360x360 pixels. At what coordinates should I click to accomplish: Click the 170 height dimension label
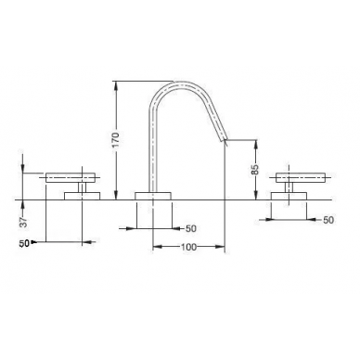pos(115,140)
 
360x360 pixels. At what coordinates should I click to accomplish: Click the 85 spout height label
pos(255,170)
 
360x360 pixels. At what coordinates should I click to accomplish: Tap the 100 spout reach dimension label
pos(188,247)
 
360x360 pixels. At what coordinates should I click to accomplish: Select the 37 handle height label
pos(24,221)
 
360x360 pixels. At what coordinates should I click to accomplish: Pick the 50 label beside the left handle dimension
pos(24,243)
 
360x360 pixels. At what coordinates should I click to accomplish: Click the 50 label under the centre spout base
pos(191,228)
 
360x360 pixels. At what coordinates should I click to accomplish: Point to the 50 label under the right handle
pos(328,220)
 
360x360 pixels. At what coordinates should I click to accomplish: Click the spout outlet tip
pos(225,140)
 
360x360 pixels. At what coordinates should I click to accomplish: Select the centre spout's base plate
pos(153,196)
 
